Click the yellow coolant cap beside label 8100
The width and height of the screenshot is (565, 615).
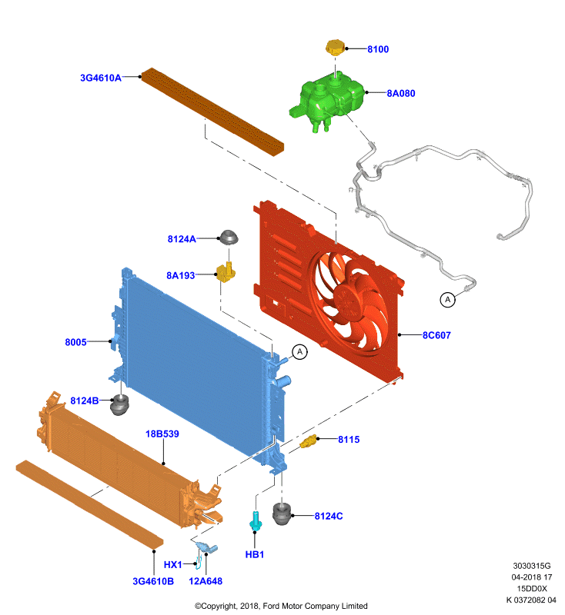tap(335, 47)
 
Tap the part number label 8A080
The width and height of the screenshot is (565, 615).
tap(401, 93)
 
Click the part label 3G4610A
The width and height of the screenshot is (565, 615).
tap(101, 78)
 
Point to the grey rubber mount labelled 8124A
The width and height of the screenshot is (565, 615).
tap(229, 237)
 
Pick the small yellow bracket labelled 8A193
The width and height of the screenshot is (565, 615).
tap(226, 272)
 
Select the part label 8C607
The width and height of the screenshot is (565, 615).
tap(436, 335)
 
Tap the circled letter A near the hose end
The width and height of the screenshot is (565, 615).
tap(447, 300)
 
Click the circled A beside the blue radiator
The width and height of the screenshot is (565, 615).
tap(300, 352)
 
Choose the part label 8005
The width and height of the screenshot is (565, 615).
tap(75, 342)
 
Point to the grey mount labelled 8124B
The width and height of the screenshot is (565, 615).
tap(119, 405)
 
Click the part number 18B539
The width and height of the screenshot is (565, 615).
tap(162, 434)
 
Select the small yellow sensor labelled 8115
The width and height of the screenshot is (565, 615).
tap(308, 441)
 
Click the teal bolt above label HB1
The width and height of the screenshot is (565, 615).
tap(256, 522)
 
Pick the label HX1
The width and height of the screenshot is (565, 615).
tap(172, 564)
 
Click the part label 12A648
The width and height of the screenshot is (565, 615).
tap(206, 581)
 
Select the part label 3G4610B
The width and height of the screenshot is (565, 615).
tap(153, 581)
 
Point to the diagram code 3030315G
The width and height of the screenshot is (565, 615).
tap(532, 566)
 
